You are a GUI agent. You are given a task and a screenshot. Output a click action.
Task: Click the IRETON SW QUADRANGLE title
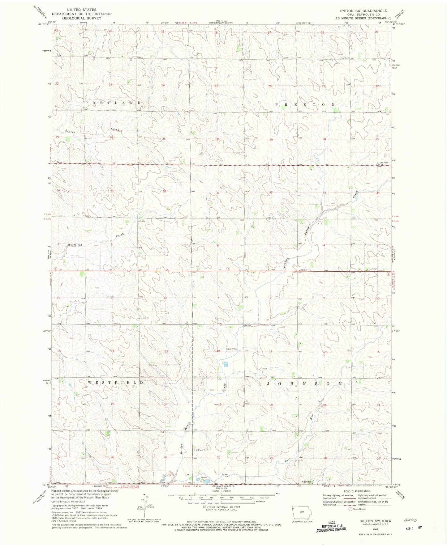pyautogui.click(x=363, y=11)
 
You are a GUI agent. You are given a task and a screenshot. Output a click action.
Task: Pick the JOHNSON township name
pyautogui.click(x=305, y=384)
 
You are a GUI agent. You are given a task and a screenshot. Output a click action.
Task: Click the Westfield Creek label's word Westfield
pyautogui.click(x=75, y=245)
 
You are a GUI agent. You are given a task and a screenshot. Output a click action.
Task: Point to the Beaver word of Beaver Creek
pyautogui.click(x=70, y=132)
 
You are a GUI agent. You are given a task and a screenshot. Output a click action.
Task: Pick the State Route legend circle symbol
pyautogui.click(x=351, y=509)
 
